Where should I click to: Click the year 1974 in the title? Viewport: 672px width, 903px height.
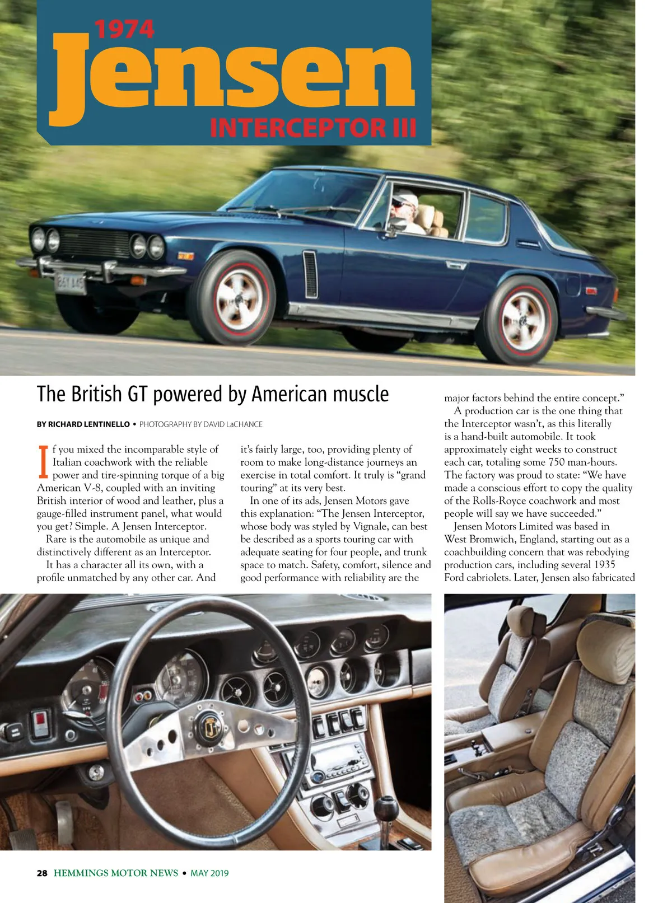[124, 30]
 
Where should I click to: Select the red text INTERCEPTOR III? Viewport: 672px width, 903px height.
[313, 128]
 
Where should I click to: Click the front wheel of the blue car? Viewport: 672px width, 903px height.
[239, 297]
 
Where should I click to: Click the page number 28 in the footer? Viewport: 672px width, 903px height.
[42, 873]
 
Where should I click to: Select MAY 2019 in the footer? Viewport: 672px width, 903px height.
[209, 873]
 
